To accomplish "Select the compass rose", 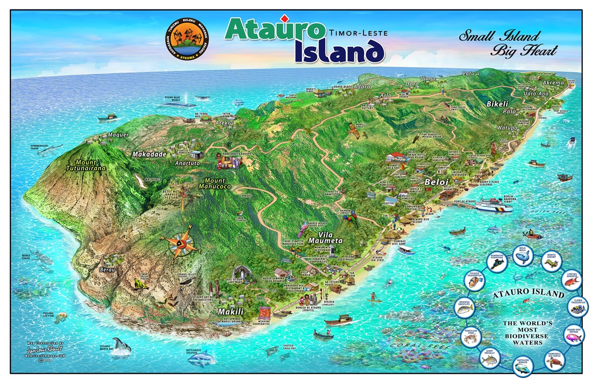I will coord(187,242).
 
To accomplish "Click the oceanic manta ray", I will coord(120,345).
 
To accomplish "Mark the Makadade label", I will coord(149,154).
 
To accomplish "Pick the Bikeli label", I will coord(493,105).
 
